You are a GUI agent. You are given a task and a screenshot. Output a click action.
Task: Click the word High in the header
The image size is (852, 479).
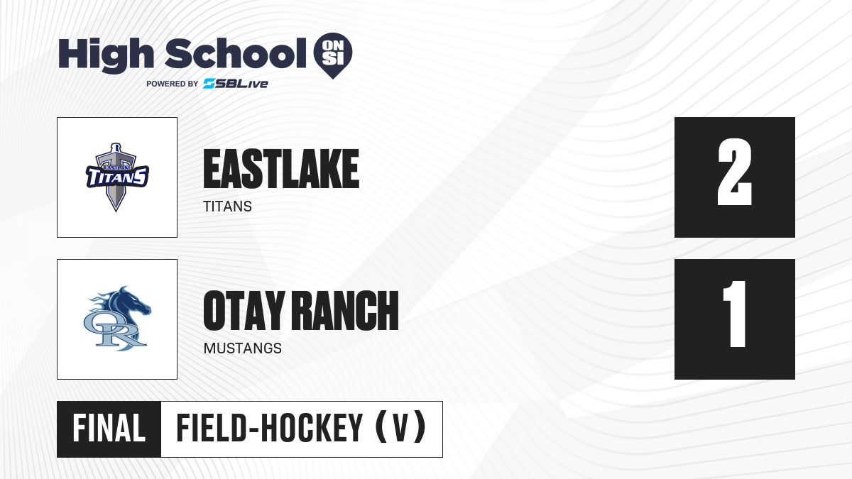click(x=106, y=55)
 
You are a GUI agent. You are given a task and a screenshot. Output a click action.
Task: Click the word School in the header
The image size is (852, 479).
click(x=236, y=54)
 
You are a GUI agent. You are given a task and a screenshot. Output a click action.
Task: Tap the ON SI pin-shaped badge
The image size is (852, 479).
click(x=333, y=55)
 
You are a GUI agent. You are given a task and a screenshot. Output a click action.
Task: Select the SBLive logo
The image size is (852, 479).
click(x=236, y=84)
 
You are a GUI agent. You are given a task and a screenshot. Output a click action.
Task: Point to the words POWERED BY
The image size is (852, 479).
click(x=173, y=84)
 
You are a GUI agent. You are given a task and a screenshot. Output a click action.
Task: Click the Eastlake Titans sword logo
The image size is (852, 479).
click(x=117, y=177)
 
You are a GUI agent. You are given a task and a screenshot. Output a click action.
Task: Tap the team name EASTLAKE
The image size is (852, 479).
click(x=281, y=169)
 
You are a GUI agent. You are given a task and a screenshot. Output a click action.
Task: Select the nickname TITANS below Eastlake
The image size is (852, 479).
click(x=227, y=207)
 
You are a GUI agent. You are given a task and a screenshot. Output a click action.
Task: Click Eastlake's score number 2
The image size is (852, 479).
click(x=734, y=172)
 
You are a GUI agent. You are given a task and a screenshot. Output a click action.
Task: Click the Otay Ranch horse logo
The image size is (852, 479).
click(x=118, y=319)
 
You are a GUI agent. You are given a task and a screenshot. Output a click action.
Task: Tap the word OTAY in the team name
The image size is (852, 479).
click(x=244, y=311)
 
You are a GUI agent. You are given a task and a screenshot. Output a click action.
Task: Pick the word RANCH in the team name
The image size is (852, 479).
click(x=347, y=311)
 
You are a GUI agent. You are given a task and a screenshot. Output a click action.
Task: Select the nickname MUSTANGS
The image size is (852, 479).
click(x=243, y=348)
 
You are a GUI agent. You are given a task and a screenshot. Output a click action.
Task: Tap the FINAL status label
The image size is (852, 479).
click(x=109, y=429)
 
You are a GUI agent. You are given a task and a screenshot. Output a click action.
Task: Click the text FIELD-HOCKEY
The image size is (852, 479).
click(x=270, y=429)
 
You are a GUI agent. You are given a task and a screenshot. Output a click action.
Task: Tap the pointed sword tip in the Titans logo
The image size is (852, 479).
click(x=116, y=209)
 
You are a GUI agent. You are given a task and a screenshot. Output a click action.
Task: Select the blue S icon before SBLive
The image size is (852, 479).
click(x=209, y=84)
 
